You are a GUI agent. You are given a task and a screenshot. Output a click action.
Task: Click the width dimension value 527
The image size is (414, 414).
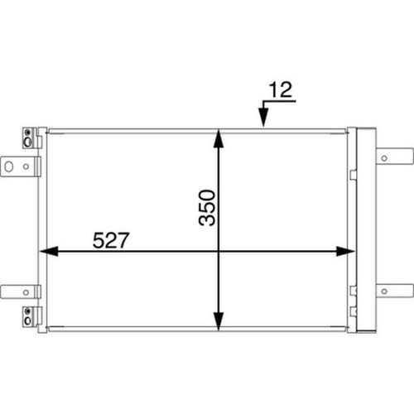point(111,240)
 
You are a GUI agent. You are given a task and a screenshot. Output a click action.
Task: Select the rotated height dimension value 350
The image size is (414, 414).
point(207,208)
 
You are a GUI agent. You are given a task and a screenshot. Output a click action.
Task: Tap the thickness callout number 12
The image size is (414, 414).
point(281,89)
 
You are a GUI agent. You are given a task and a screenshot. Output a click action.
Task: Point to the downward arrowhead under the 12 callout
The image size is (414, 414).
point(263,118)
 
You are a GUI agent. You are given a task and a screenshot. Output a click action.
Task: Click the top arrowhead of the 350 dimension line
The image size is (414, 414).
point(219,139)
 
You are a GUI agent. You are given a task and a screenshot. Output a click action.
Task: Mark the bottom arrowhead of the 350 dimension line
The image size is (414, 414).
point(219,321)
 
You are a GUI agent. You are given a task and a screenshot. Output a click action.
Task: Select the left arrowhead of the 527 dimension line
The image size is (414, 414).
point(49,251)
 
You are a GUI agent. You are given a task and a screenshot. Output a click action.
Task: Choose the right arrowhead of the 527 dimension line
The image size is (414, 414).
point(345,251)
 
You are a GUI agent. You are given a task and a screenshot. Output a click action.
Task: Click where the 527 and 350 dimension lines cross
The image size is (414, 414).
point(219,251)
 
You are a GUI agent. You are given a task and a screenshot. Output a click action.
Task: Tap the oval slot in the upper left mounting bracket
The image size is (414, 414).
point(9,166)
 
